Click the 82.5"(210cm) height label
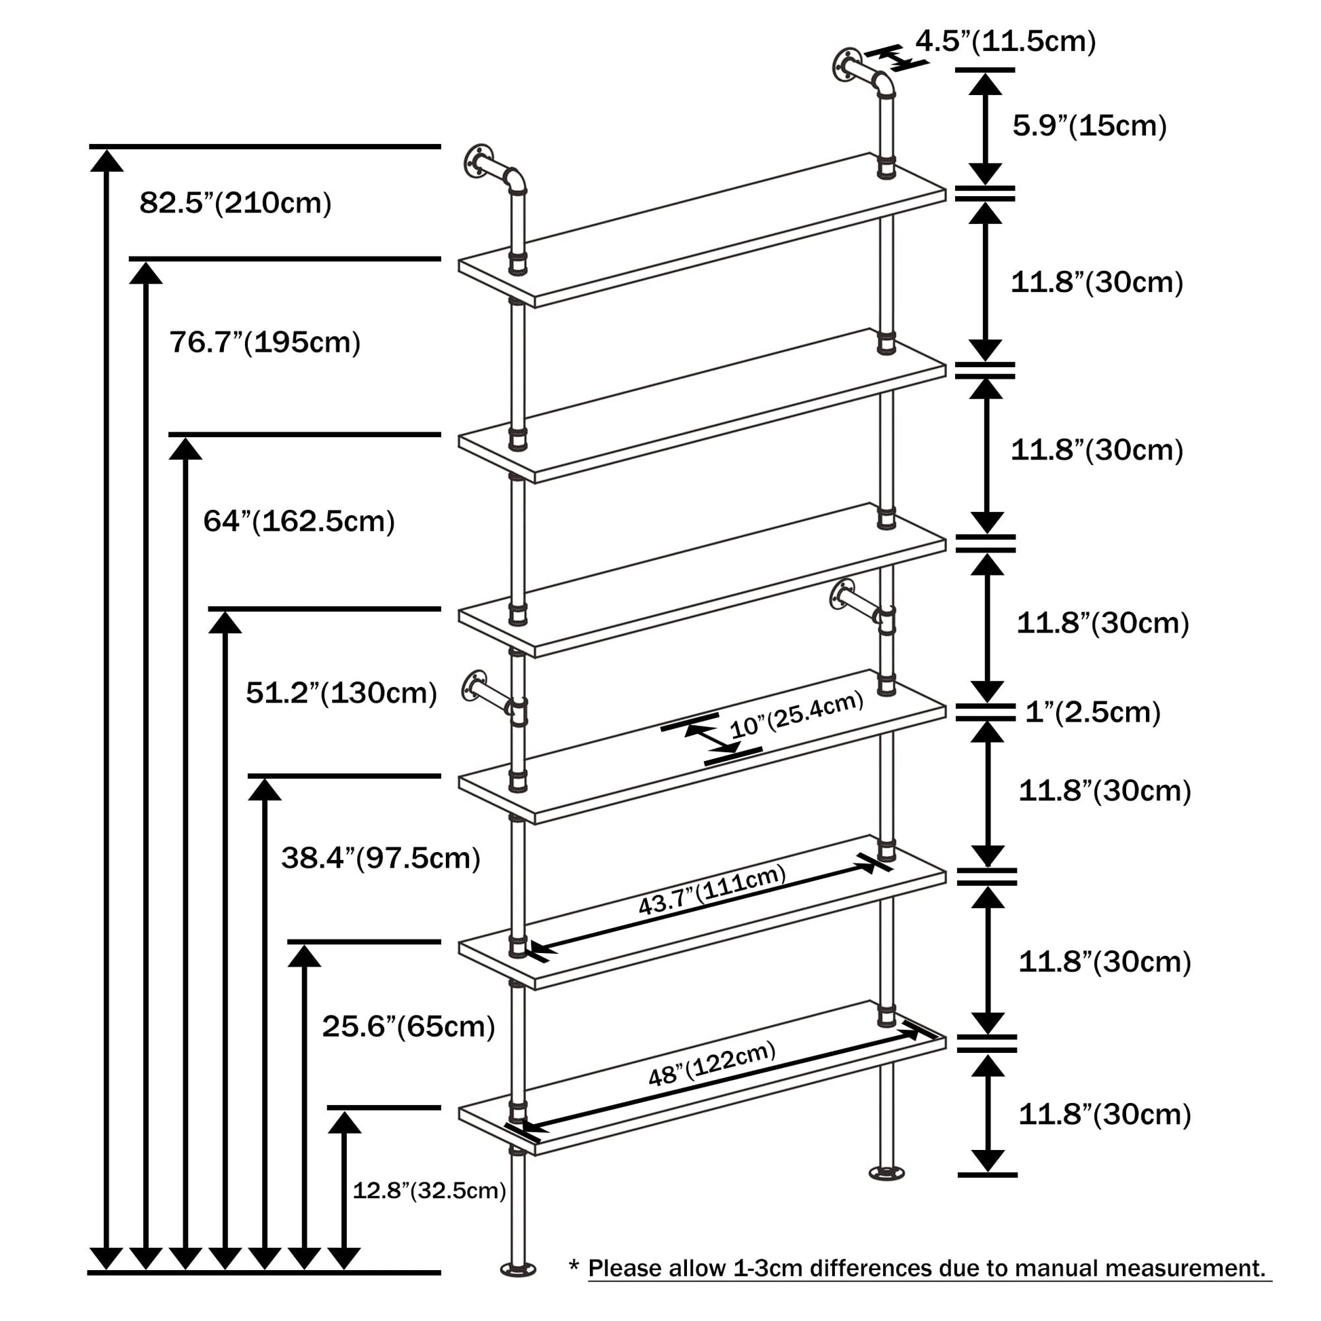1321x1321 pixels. click(x=235, y=203)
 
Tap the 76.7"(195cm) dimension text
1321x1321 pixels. click(x=265, y=342)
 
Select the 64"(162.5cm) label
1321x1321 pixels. click(x=299, y=521)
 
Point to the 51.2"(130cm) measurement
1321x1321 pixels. click(x=341, y=692)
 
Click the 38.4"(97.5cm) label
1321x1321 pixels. click(x=381, y=857)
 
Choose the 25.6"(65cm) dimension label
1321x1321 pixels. click(x=408, y=1026)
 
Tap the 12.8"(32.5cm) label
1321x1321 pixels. click(x=429, y=1191)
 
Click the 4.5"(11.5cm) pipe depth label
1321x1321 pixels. click(x=1006, y=41)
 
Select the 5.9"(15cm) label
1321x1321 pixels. click(x=1090, y=126)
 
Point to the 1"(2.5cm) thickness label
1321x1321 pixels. click(x=1093, y=713)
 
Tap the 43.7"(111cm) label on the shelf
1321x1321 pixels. click(x=712, y=889)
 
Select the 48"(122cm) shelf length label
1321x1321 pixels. click(x=712, y=1063)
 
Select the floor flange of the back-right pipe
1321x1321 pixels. click(x=886, y=1174)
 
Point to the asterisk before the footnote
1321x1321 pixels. click(x=574, y=1265)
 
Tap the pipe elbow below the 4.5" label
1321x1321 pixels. click(x=885, y=86)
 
